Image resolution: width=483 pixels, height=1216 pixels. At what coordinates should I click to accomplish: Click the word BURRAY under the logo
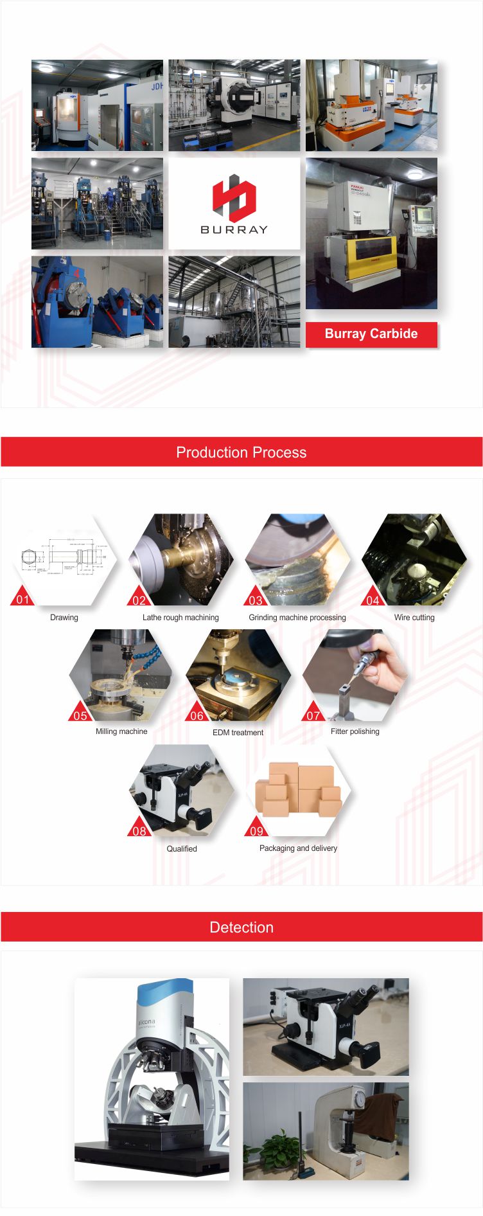point(234,229)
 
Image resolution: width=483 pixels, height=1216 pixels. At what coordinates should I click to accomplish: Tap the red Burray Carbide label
point(371,334)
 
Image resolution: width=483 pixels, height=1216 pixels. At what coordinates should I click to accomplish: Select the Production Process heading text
point(241,452)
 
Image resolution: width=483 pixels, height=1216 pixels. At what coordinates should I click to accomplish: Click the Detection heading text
point(241,927)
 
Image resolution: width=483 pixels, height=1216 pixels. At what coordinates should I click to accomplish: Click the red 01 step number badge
point(23,599)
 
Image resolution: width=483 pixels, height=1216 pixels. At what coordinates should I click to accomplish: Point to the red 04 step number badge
point(373,599)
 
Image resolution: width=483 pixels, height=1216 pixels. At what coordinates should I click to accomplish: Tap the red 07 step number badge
point(313,715)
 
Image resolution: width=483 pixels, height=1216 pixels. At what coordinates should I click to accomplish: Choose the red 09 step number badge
point(256,830)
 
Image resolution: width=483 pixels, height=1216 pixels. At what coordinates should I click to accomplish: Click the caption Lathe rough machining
point(180,618)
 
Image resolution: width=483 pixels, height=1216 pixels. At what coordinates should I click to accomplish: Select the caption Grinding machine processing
point(297,618)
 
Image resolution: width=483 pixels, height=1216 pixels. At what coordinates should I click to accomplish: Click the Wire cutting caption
point(414,618)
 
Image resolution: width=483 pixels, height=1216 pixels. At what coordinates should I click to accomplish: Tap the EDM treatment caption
point(238,733)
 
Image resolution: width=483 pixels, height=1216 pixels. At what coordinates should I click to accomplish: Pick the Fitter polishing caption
point(355,731)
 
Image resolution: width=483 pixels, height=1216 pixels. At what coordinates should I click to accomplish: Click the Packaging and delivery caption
point(298,848)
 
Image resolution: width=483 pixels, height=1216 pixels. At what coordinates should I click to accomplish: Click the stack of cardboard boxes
point(299,789)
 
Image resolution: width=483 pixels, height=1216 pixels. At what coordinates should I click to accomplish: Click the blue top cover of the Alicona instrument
point(164,994)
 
